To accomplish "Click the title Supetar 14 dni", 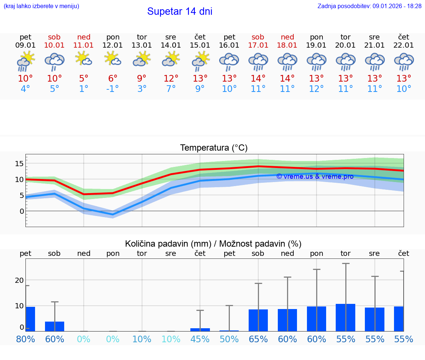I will tap(180, 11).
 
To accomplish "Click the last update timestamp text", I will tap(369, 6).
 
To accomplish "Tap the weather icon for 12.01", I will tap(113, 59).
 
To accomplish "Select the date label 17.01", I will tap(258, 45).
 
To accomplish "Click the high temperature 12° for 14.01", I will tap(171, 79).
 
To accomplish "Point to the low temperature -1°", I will tap(113, 89).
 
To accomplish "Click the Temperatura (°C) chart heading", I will tap(214, 148).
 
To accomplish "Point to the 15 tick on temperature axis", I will tap(20, 164).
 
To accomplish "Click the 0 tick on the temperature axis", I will tap(22, 211).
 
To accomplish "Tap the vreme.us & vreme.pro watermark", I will tap(315, 176).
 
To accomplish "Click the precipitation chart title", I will tap(213, 244).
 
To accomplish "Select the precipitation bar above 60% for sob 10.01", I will tap(55, 326).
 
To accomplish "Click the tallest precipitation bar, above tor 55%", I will tap(346, 318).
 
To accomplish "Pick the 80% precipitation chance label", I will tap(25, 339).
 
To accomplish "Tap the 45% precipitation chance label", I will tap(200, 339).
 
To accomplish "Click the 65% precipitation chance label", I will tap(258, 339).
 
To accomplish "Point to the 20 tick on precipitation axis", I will tap(19, 280).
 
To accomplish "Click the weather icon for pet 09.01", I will tap(25, 61).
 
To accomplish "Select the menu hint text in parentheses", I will tap(41, 6).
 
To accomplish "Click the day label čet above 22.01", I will tap(404, 37).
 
